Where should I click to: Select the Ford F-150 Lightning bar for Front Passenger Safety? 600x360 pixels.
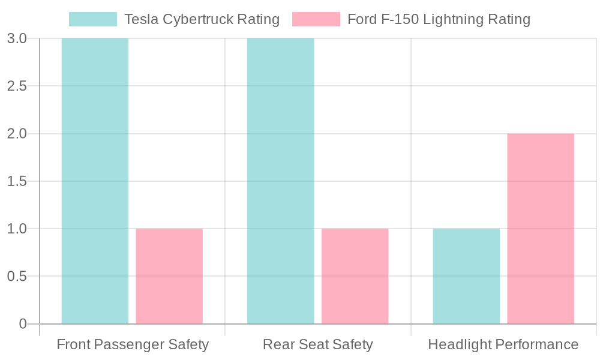169,276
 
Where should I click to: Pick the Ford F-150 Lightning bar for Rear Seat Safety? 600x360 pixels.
355,276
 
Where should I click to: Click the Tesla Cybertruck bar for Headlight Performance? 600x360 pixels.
466,276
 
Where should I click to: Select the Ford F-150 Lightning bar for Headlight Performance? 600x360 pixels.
541,229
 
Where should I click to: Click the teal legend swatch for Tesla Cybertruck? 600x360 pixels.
93,19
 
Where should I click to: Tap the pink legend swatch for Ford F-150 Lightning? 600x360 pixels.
316,19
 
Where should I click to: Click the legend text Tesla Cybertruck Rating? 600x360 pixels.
202,19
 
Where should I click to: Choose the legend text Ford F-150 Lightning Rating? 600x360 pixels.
439,19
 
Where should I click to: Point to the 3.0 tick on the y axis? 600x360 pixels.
17,38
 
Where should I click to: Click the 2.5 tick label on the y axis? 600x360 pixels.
17,86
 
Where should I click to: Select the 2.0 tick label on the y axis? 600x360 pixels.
17,133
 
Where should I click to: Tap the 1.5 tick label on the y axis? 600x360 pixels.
17,181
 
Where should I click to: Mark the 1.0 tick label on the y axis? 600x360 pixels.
17,229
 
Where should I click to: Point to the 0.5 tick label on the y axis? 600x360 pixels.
17,276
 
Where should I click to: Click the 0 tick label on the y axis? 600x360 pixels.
23,324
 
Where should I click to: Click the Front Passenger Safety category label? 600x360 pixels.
133,344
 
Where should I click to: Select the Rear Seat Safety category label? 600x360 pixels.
318,344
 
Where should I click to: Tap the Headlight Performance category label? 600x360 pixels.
503,344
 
